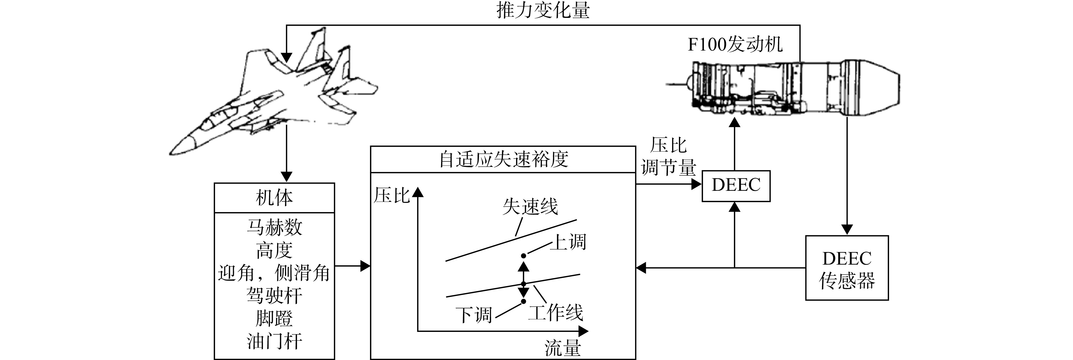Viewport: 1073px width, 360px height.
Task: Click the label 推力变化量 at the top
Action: point(543,10)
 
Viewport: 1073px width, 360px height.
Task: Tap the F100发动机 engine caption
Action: point(735,44)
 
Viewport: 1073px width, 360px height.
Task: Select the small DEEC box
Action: point(736,186)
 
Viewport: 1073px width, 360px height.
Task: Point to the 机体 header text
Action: point(274,198)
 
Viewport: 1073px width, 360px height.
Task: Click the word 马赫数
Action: point(274,227)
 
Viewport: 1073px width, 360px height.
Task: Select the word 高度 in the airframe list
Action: point(274,250)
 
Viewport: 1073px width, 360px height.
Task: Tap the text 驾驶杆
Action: point(274,296)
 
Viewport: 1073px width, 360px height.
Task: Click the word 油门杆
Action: point(274,342)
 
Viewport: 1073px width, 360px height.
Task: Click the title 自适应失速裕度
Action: point(504,159)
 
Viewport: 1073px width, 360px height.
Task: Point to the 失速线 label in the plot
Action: point(530,206)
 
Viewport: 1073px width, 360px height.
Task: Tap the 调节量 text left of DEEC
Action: point(668,168)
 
